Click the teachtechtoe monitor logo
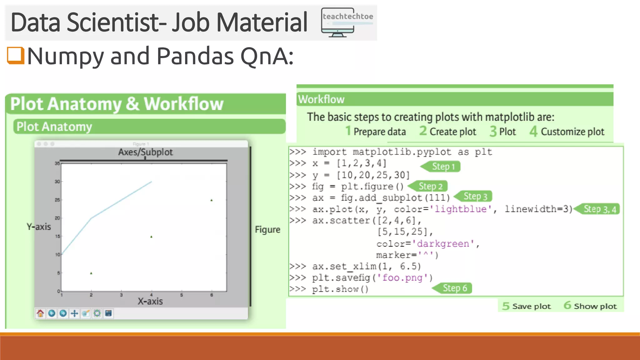[x=347, y=22]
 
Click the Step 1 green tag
[x=442, y=167]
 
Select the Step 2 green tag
[x=430, y=186]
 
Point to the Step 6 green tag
[x=454, y=288]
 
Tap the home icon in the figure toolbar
[x=40, y=313]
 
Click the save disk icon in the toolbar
[x=108, y=313]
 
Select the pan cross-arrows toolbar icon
[x=74, y=313]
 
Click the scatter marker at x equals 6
[x=212, y=200]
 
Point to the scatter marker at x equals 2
[x=91, y=273]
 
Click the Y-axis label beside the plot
[x=39, y=227]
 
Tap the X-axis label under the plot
[x=150, y=301]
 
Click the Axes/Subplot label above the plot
[x=145, y=152]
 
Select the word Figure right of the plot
[x=267, y=230]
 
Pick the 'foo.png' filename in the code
[x=402, y=277]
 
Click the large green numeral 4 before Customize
[x=533, y=132]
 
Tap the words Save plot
[x=531, y=306]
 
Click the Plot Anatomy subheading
[x=54, y=127]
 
